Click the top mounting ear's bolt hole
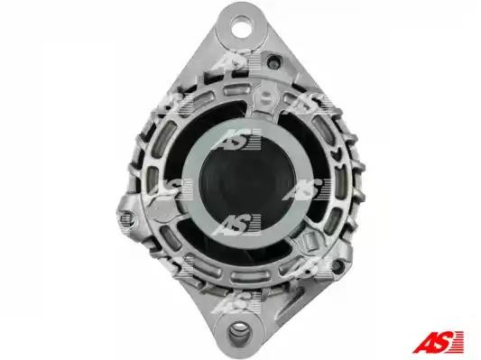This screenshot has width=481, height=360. (x=241, y=24)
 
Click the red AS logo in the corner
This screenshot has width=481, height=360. (x=439, y=342)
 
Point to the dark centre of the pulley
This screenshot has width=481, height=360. (x=247, y=182)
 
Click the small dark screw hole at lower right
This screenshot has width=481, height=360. (x=338, y=265)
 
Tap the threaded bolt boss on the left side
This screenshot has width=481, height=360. (x=125, y=218)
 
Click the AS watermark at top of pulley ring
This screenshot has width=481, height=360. (x=238, y=139)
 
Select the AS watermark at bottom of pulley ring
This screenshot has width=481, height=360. (x=237, y=224)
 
